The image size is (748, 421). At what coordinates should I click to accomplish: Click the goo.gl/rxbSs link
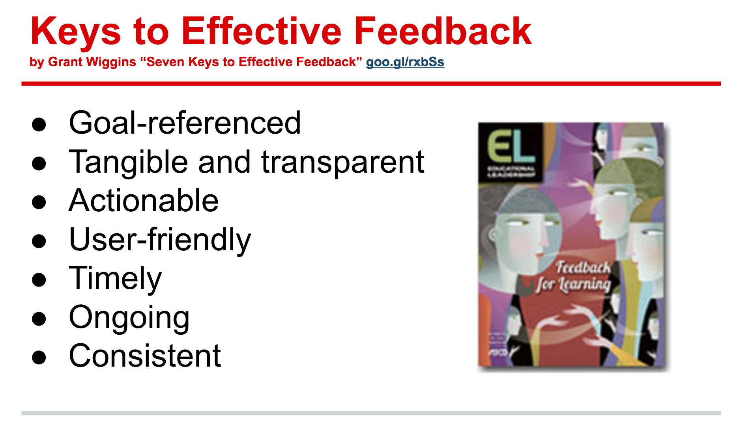point(405,62)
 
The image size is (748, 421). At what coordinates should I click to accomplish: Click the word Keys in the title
point(75,32)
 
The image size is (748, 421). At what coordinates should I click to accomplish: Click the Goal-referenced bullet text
point(185,123)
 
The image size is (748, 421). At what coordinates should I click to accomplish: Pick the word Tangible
point(128,162)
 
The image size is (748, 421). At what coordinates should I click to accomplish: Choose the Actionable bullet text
point(144,201)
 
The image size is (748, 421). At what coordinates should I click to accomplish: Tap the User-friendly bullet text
point(160,240)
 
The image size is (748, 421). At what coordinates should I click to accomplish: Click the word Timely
point(115,278)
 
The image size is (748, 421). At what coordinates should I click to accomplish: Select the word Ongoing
point(129,317)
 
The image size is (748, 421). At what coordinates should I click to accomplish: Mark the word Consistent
point(145,356)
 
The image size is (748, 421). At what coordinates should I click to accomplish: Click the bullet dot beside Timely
point(39,279)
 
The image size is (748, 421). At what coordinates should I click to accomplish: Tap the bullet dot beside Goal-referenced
point(39,124)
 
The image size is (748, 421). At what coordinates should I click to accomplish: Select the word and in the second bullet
point(224,162)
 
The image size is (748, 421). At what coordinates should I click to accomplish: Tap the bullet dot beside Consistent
point(39,357)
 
